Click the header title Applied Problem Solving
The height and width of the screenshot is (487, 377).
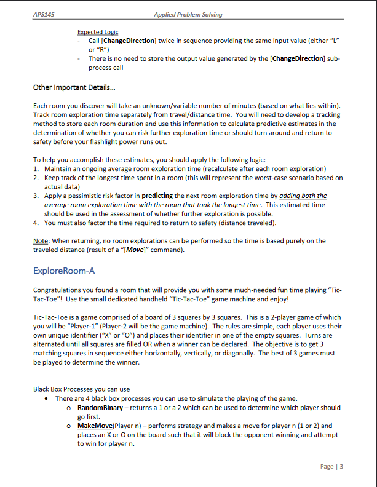pyautogui.click(x=188, y=14)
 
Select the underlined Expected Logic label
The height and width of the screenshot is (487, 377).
pyautogui.click(x=98, y=32)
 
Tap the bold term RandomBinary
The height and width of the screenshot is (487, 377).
pyautogui.click(x=102, y=408)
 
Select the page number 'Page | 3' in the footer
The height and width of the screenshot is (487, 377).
pyautogui.click(x=331, y=466)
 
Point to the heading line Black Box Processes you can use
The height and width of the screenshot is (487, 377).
pyautogui.click(x=81, y=389)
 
